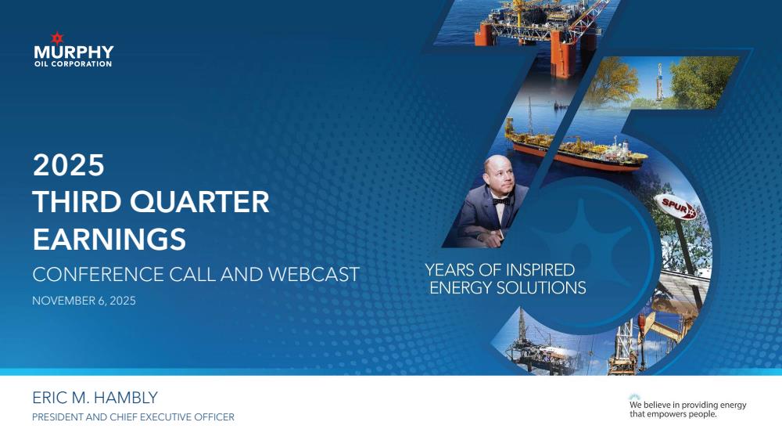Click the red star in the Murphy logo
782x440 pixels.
(57, 38)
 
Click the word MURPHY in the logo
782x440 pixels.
(74, 52)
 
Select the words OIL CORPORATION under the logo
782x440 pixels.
(74, 64)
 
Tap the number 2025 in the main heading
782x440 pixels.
(69, 165)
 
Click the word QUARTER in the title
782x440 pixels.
(199, 202)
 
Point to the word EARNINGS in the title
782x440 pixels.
(109, 239)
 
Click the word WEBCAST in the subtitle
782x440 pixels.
(314, 274)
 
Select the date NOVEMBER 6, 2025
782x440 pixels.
(84, 301)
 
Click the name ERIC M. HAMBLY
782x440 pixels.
(95, 398)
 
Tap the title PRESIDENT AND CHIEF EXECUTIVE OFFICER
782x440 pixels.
(133, 417)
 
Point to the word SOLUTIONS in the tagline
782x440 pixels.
(546, 288)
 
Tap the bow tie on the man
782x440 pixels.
(501, 202)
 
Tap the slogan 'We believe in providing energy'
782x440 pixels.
(687, 405)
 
